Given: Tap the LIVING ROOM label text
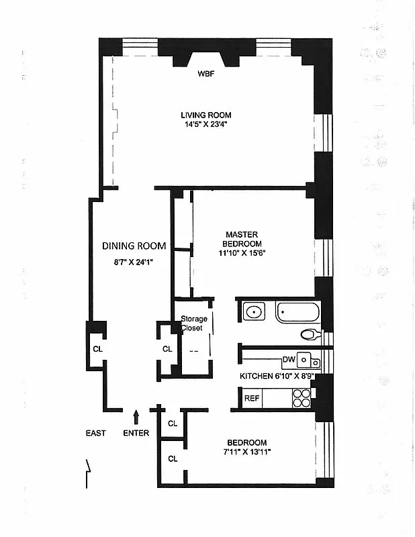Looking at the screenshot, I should [x=205, y=115].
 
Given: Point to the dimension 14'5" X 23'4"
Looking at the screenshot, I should [x=205, y=124].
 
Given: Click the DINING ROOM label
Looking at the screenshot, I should [x=134, y=246].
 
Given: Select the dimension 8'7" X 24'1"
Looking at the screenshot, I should [x=134, y=262].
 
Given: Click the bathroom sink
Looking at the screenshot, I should [x=254, y=312].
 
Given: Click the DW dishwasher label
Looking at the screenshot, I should [x=289, y=360].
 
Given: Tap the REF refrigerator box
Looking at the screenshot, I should [x=252, y=399].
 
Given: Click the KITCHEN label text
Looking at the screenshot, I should [x=259, y=377].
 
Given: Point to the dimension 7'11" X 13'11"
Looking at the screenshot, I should [x=246, y=452].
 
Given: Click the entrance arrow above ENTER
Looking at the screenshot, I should [x=136, y=417].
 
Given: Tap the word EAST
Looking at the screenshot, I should [x=95, y=433].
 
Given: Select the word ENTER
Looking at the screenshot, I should [x=136, y=433].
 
